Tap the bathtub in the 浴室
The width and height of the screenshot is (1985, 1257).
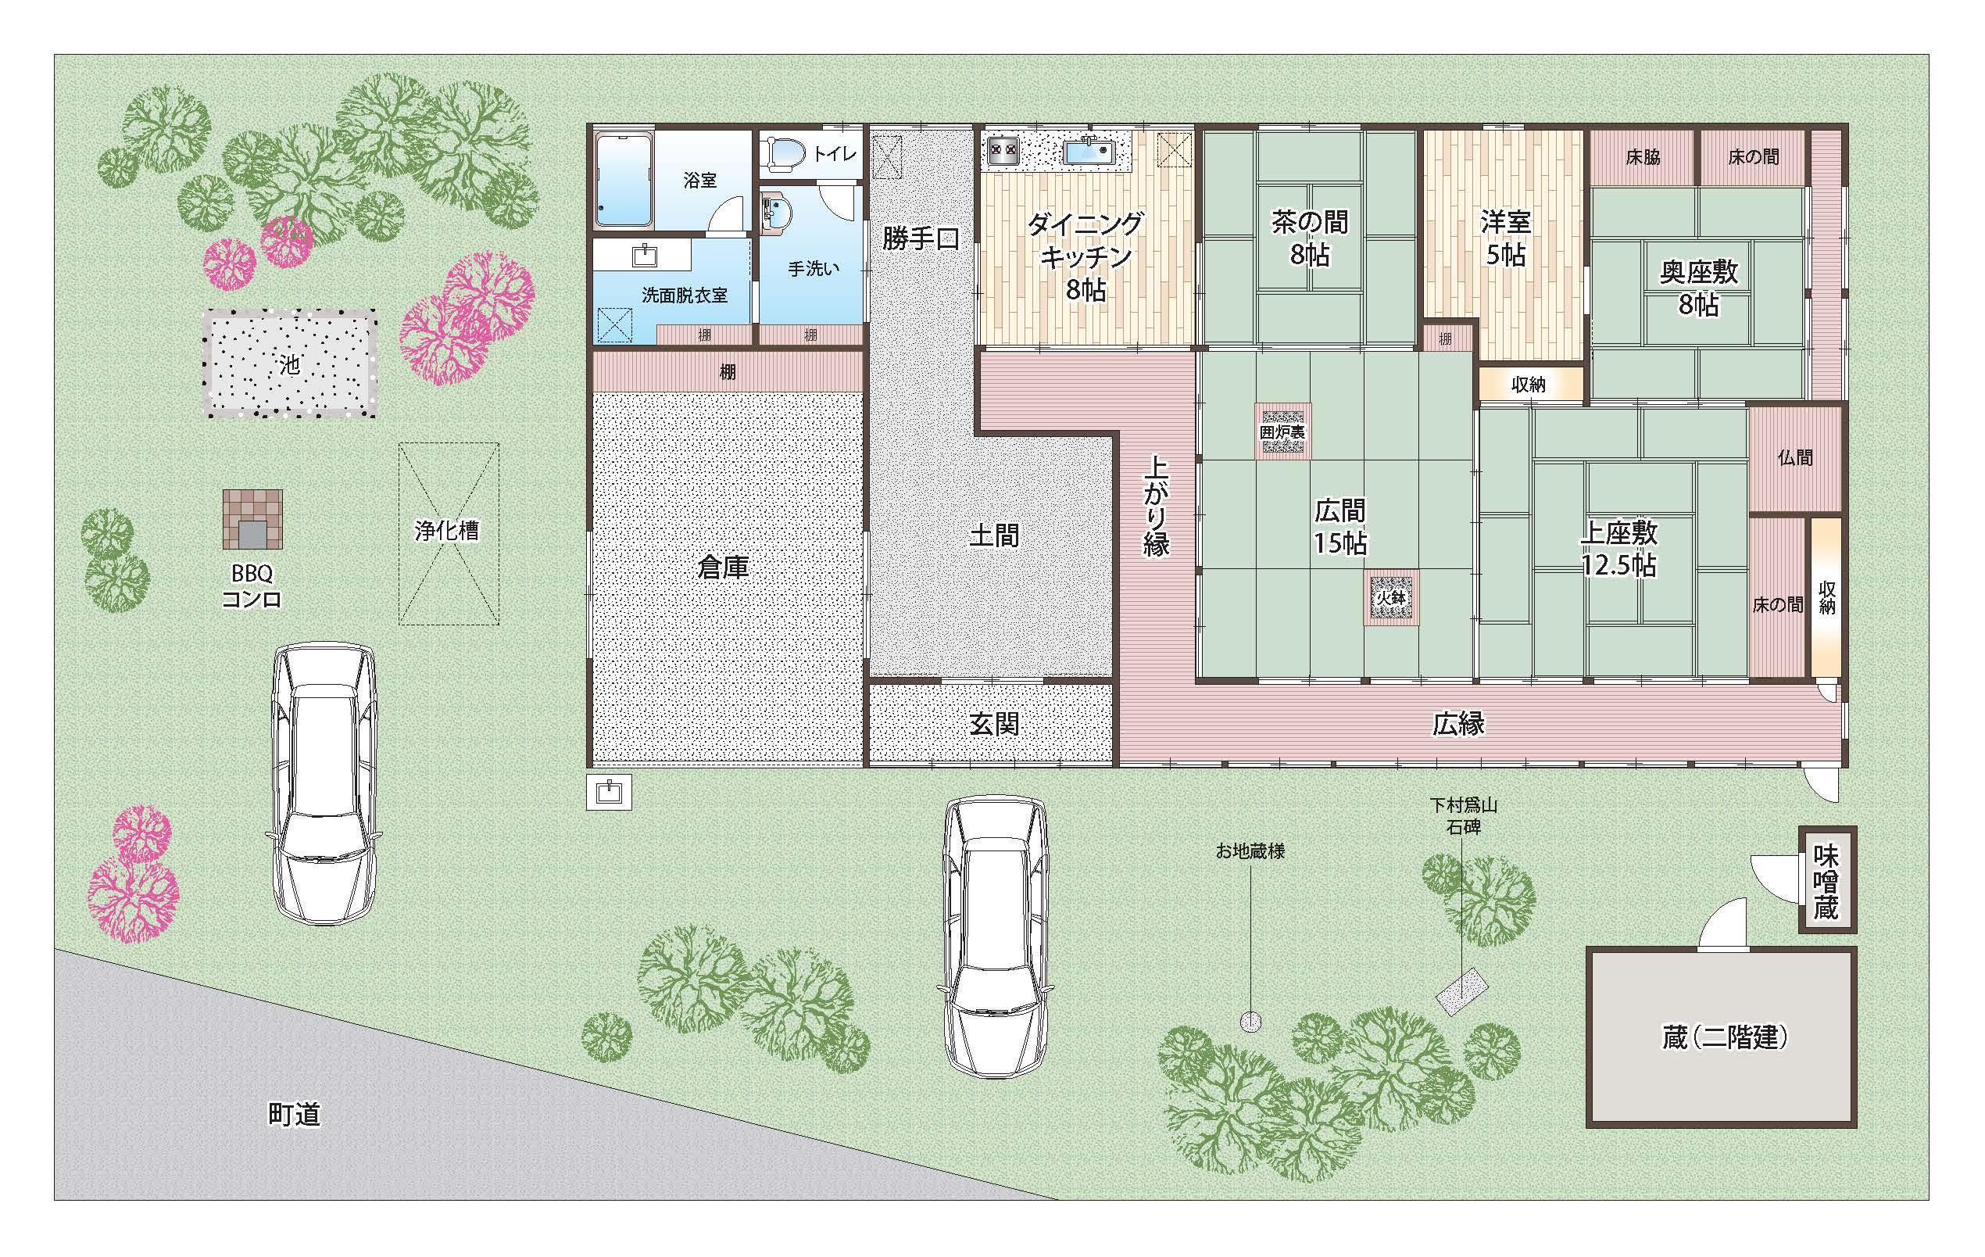click(x=624, y=179)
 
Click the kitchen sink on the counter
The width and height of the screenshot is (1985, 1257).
click(x=1089, y=152)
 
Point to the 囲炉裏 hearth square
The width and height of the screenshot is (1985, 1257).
click(x=1283, y=431)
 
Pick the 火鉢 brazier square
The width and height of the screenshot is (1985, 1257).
click(x=1390, y=597)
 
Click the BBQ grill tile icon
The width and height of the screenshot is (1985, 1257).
click(x=252, y=520)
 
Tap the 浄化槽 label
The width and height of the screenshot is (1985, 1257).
click(x=447, y=530)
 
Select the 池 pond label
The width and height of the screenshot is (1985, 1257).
click(x=289, y=364)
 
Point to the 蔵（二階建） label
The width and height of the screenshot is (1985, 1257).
click(x=1726, y=1037)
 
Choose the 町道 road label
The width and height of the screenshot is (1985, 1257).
click(x=295, y=1114)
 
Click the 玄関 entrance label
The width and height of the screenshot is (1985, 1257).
click(x=994, y=723)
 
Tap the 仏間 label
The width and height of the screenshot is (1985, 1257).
click(x=1794, y=458)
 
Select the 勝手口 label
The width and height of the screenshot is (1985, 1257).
click(x=921, y=238)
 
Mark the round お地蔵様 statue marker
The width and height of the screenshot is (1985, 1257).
click(x=1250, y=1022)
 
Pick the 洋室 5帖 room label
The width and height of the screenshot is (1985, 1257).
click(x=1506, y=238)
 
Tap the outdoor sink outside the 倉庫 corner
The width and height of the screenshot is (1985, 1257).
click(x=610, y=791)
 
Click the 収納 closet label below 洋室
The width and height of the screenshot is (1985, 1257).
click(x=1529, y=385)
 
